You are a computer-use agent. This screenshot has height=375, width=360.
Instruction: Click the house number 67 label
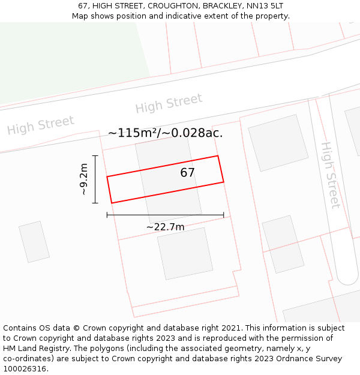pos(188,173)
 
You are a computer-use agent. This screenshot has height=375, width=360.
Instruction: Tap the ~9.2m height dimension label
pos(84,179)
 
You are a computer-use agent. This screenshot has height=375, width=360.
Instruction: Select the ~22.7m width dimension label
pos(165,226)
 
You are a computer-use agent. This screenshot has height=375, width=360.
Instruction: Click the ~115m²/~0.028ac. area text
pos(165,133)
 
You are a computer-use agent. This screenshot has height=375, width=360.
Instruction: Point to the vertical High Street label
pos(330,175)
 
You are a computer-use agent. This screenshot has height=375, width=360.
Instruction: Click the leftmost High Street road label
pos(40,125)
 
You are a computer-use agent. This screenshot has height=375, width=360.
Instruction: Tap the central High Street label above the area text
pos(169,103)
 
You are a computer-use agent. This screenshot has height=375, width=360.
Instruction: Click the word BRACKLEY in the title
pos(223,6)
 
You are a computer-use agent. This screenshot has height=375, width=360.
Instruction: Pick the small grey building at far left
pos(34,242)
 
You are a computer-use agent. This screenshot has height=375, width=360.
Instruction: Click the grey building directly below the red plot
pos(185,253)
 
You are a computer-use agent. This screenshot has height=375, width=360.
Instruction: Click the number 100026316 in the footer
pos(25,369)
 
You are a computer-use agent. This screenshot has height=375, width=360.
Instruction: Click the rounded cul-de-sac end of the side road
pos(347,277)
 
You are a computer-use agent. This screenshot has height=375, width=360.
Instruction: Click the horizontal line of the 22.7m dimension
pos(165,215)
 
